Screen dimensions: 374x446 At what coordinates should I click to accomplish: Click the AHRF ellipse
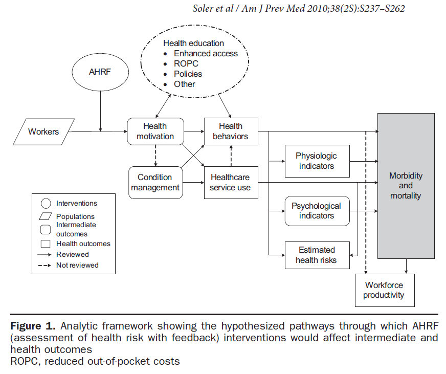(100, 72)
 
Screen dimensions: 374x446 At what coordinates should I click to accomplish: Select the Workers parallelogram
(43, 132)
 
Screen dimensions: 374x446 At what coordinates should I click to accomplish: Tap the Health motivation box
(155, 131)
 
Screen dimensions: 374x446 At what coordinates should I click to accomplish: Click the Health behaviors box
(230, 131)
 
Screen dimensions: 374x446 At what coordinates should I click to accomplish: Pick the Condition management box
(155, 182)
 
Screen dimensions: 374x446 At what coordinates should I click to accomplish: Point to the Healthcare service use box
(230, 182)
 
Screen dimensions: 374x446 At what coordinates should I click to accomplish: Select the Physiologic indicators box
(317, 161)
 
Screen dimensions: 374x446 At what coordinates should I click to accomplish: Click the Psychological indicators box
(317, 211)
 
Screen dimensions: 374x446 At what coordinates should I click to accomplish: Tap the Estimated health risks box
(317, 255)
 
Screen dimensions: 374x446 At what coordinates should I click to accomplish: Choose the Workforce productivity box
(384, 290)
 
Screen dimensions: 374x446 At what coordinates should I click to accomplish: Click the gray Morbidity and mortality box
(406, 185)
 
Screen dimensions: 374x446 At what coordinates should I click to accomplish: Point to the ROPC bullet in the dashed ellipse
(186, 64)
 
